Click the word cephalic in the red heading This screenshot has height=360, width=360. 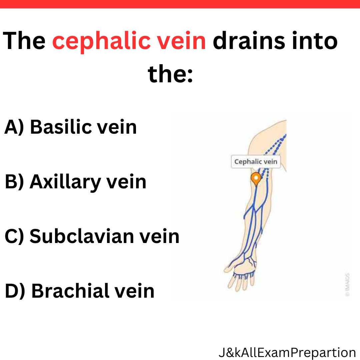pyautogui.click(x=101, y=42)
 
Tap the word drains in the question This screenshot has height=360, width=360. pyautogui.click(x=249, y=40)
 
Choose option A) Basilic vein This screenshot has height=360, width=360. pyautogui.click(x=70, y=127)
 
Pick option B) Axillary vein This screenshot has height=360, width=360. pyautogui.click(x=75, y=182)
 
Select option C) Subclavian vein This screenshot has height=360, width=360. pyautogui.click(x=92, y=236)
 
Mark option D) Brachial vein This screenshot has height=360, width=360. pyautogui.click(x=79, y=291)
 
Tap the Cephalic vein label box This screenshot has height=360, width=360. pyautogui.click(x=256, y=162)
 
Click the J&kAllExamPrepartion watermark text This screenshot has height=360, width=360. pyautogui.click(x=287, y=353)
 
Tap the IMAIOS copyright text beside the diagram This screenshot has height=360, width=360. pyautogui.click(x=348, y=285)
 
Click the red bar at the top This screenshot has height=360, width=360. pyautogui.click(x=180, y=4)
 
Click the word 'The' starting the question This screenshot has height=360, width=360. pyautogui.click(x=24, y=40)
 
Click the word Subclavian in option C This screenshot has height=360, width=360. pyautogui.click(x=82, y=236)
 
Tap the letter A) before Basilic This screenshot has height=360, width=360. pyautogui.click(x=14, y=127)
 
